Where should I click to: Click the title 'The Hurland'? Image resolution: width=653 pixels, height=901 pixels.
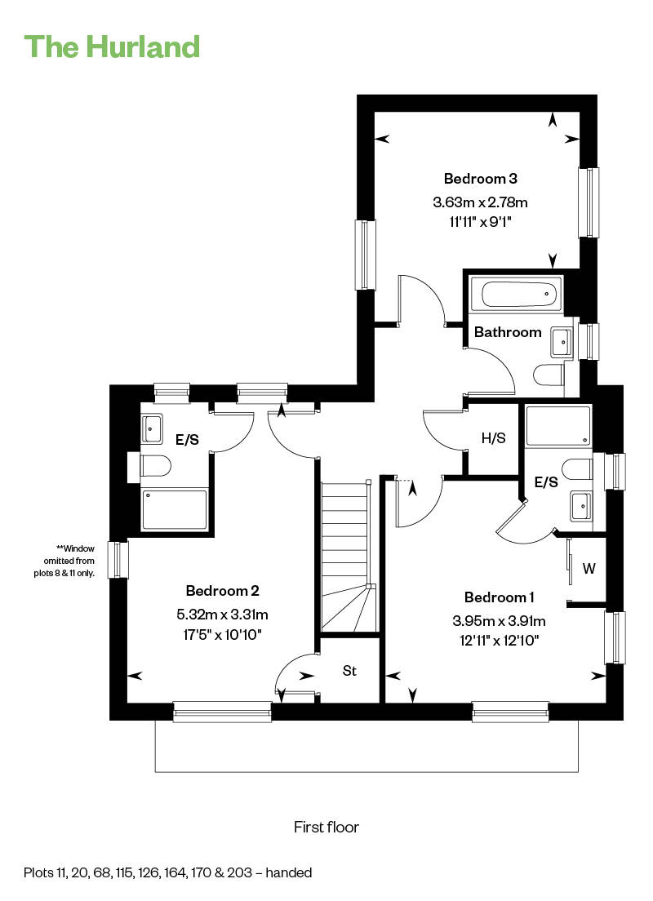[x=112, y=47]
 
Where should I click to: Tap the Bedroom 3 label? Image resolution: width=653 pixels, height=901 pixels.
[x=481, y=179]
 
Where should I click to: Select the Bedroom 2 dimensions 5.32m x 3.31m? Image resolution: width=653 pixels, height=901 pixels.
[x=223, y=615]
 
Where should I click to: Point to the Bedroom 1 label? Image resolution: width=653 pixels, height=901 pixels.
[x=499, y=597]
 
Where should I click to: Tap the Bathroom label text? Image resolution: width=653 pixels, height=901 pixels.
[x=508, y=331]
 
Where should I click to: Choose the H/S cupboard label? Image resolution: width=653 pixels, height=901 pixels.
[x=493, y=438]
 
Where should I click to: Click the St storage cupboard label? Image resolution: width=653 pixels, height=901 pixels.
[x=349, y=671]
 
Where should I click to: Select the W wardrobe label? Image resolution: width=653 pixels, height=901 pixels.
[x=589, y=568]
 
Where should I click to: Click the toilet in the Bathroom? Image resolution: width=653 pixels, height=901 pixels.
[x=549, y=375]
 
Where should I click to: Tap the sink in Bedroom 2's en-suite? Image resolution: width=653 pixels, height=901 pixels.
[x=153, y=428]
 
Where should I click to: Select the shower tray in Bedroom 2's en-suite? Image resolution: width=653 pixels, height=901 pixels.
[x=175, y=509]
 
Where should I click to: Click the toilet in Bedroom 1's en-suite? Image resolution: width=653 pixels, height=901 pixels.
[x=577, y=468]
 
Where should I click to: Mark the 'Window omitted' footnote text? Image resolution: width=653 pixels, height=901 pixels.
[x=64, y=561]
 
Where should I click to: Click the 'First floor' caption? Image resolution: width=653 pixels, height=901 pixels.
[x=326, y=827]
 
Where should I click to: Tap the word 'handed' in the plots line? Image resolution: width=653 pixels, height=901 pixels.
[x=289, y=872]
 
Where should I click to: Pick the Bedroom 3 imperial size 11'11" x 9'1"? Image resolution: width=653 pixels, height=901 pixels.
[x=481, y=221]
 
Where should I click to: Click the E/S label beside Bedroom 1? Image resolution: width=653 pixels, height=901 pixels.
[x=546, y=482]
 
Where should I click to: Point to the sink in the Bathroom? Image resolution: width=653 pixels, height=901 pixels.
[x=562, y=343]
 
